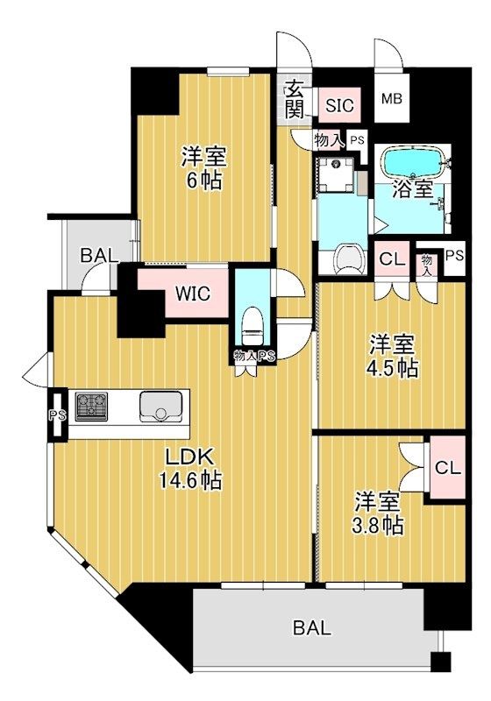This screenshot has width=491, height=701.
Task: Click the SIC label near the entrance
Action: tap(339, 106)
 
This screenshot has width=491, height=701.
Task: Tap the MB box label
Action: tap(391, 99)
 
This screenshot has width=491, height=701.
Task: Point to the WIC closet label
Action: tap(191, 294)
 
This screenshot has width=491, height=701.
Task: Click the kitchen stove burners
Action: tap(90, 407)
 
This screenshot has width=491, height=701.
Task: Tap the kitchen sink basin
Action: tap(160, 407)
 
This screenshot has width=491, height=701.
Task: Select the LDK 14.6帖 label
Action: tap(189, 469)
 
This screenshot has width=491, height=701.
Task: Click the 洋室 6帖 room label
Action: tap(203, 169)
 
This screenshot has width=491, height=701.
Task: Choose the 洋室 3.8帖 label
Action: tap(379, 514)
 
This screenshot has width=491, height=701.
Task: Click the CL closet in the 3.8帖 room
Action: tap(447, 468)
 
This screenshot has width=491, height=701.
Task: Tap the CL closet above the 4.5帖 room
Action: tap(391, 260)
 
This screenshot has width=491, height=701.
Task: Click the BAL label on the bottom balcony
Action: tap(313, 627)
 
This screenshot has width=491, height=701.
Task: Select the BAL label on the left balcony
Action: tap(99, 256)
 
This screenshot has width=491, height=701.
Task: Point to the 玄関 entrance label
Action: tap(293, 99)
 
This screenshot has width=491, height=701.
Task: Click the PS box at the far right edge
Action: tap(453, 256)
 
